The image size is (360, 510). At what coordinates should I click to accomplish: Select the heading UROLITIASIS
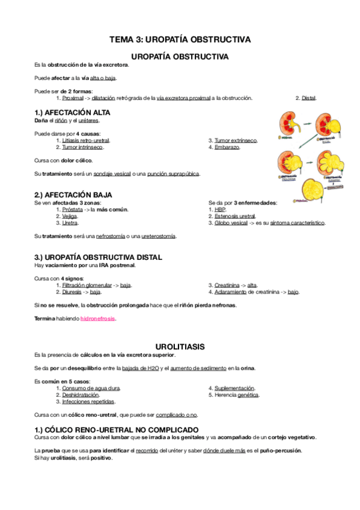coord(180,346)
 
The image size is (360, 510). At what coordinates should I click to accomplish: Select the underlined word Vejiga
coord(70,216)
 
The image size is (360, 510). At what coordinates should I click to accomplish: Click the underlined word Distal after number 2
coord(308,98)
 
